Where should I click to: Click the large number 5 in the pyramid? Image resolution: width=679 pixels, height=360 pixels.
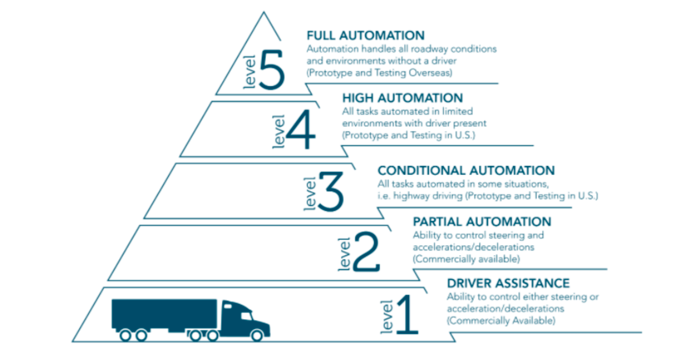click(x=272, y=69)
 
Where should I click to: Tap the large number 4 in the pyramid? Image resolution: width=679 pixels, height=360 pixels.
click(x=301, y=129)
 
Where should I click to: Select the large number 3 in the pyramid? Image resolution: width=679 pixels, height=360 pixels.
click(x=331, y=192)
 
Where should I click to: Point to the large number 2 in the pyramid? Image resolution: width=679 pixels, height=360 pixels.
click(x=366, y=252)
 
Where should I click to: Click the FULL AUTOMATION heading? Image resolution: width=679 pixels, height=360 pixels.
click(x=365, y=35)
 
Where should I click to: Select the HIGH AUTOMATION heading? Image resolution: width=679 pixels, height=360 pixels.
click(x=402, y=98)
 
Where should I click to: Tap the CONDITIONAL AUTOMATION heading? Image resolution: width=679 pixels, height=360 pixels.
click(x=466, y=170)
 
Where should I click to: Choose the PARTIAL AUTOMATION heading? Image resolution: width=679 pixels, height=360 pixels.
click(x=482, y=222)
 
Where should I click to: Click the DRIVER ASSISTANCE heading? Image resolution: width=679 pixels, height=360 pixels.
click(x=508, y=283)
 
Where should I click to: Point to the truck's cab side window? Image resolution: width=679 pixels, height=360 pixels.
click(x=246, y=316)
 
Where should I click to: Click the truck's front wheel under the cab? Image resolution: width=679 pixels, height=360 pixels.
click(x=257, y=335)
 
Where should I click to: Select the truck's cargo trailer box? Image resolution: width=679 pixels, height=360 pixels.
click(x=164, y=314)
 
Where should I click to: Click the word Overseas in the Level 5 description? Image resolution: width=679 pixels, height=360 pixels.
click(x=431, y=73)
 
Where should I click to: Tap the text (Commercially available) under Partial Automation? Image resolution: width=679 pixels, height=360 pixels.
click(x=466, y=259)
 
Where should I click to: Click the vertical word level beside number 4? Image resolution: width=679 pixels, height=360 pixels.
click(x=278, y=132)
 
